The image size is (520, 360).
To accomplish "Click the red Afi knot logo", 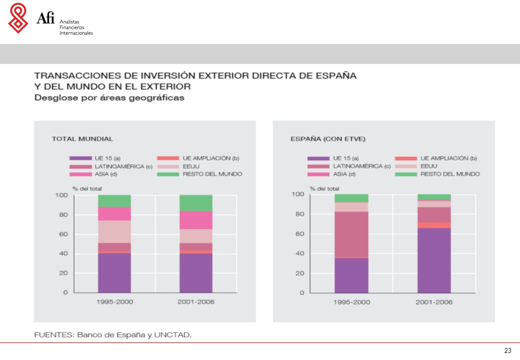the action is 18,18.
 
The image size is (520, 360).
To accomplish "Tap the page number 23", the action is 507,350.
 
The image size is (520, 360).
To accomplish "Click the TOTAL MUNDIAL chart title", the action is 82,139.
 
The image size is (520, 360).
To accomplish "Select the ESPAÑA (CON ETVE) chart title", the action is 328,139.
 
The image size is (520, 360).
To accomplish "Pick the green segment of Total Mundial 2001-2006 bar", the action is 196,203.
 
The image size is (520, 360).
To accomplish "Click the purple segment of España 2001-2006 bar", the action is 434,260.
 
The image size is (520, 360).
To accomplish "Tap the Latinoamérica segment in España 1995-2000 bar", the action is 351,234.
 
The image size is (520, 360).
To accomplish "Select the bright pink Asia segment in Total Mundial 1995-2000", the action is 114,214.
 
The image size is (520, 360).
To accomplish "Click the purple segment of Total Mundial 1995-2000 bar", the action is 114,273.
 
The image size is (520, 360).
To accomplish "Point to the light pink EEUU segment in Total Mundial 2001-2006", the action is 196,236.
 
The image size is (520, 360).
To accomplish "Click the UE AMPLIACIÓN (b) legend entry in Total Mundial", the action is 198,158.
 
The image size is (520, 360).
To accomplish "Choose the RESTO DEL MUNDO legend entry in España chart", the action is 437,174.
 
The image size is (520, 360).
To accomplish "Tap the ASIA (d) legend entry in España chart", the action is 331,174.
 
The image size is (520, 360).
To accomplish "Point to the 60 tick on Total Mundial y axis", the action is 63,234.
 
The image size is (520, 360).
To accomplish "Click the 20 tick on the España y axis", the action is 300,273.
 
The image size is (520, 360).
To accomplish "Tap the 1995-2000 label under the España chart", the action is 351,302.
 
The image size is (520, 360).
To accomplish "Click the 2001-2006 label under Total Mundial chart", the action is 196,301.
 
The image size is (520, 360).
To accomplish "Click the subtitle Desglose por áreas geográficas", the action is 109,98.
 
